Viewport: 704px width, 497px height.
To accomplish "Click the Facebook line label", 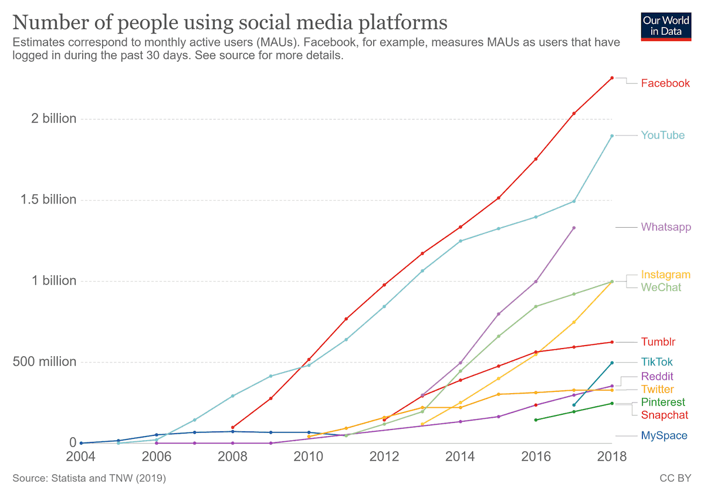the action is (665, 83).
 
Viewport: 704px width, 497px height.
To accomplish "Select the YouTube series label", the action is (662, 135).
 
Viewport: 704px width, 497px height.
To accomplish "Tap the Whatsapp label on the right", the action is (666, 227).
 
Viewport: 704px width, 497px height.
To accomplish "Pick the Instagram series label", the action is (666, 275).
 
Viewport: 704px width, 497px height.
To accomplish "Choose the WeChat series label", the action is (661, 288).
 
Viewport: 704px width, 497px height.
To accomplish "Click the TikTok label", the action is (656, 362).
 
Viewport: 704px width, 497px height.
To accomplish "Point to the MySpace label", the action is (664, 436).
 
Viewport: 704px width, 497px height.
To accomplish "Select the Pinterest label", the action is (663, 402).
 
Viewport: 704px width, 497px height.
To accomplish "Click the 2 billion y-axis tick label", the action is (54, 119).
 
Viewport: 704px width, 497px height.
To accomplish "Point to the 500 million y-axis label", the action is (45, 361).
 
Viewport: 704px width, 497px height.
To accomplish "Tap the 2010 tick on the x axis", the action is (309, 457).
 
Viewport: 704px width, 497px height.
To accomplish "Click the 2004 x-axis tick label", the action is (80, 457).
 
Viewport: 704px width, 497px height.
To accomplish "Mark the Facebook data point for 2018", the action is (612, 77).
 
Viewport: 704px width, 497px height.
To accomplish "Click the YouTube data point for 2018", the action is (612, 136).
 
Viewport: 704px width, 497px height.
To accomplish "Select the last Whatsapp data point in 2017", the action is (574, 228).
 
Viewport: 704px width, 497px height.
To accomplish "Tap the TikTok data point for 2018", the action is (612, 363).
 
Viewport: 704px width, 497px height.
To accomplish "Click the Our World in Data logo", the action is (666, 27).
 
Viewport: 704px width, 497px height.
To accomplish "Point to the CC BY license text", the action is (675, 478).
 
